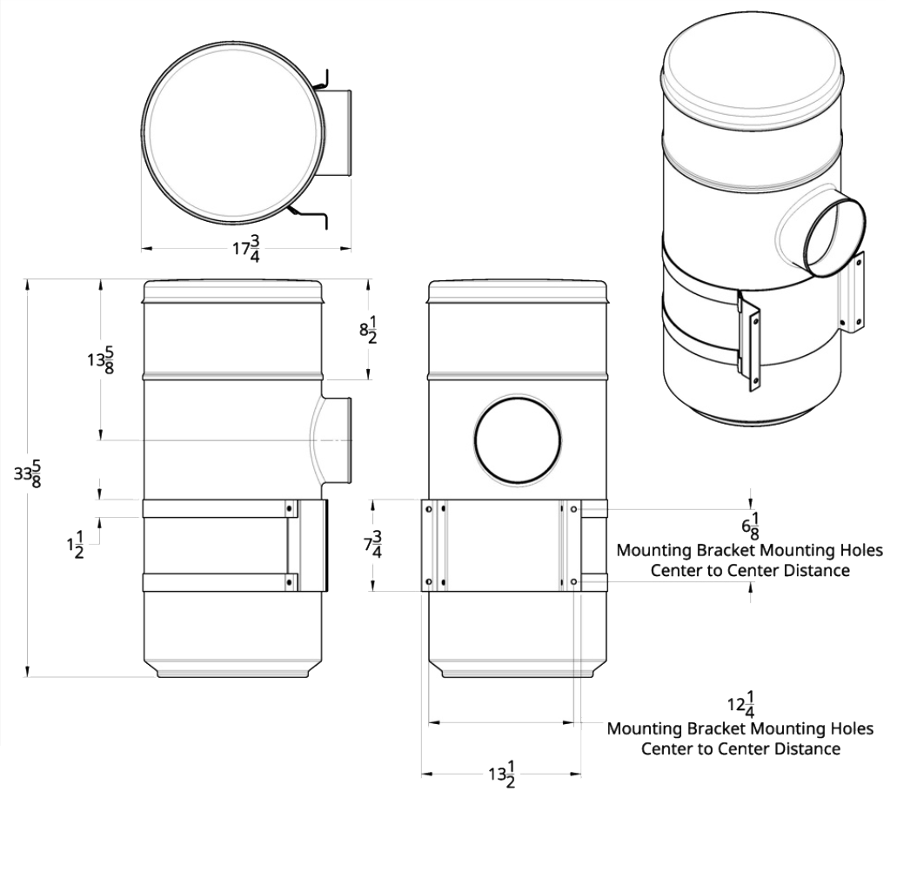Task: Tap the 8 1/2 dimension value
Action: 368,331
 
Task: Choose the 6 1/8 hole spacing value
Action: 749,527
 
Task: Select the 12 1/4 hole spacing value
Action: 740,702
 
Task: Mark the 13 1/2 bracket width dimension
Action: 502,773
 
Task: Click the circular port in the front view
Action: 519,439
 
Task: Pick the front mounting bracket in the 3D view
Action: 751,342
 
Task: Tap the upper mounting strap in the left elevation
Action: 218,509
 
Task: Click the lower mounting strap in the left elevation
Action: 218,582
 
